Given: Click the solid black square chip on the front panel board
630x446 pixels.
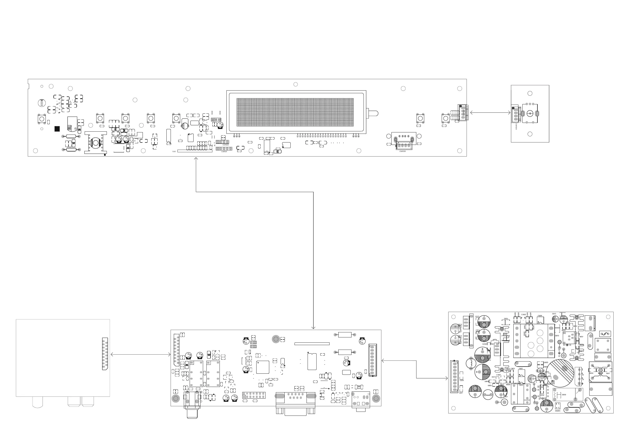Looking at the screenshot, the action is click(x=57, y=129).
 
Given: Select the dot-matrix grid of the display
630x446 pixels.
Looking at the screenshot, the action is click(x=295, y=112).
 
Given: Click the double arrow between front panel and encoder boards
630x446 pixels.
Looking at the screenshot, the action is click(x=490, y=112).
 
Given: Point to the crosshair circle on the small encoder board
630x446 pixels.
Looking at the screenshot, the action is click(x=530, y=114).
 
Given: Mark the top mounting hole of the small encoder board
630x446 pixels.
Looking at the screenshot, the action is click(x=530, y=93).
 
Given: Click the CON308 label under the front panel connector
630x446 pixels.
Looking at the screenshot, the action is click(x=403, y=151).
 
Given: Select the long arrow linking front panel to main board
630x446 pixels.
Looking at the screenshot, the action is click(x=313, y=192).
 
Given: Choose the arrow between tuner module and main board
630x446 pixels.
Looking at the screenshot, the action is click(x=140, y=354).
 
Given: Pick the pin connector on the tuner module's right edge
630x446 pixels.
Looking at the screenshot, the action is click(x=105, y=353).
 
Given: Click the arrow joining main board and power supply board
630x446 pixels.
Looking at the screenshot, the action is click(x=416, y=369).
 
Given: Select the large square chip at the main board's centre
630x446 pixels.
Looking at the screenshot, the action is click(x=263, y=367).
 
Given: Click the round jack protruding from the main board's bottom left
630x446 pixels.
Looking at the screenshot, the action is click(x=192, y=412).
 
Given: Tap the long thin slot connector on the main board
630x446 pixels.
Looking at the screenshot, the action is click(x=312, y=344).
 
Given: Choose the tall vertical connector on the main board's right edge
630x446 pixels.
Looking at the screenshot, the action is click(x=372, y=360).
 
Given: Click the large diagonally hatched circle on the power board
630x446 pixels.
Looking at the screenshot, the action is click(x=561, y=373).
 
